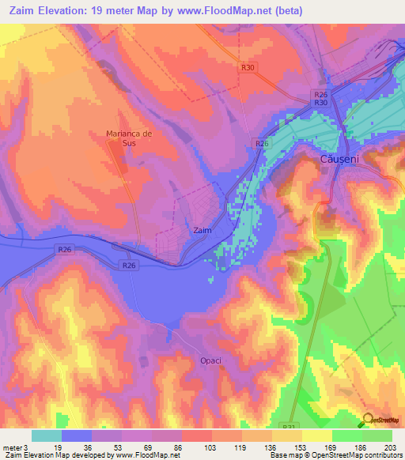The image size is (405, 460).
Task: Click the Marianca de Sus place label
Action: click(129, 138)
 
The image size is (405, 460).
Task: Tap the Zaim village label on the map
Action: click(202, 231)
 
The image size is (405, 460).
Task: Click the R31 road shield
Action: click(288, 425)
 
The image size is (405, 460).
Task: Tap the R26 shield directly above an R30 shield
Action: click(320, 94)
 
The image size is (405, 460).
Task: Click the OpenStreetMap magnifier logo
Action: click(368, 420)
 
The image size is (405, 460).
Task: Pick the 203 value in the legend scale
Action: click(392, 447)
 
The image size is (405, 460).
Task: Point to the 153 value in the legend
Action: click(301, 447)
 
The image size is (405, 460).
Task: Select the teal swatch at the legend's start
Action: click(46, 435)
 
